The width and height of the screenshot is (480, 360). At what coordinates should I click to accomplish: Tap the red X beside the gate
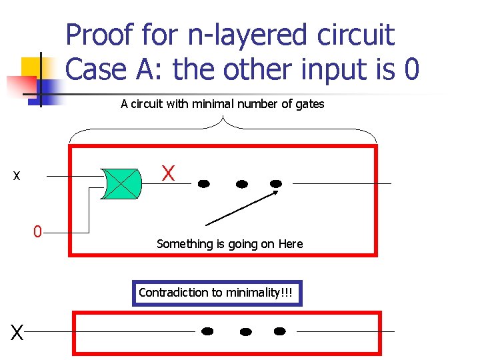(169, 174)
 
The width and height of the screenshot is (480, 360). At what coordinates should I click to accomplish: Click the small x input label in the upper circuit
(17, 177)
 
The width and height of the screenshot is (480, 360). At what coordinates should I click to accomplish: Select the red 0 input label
(38, 232)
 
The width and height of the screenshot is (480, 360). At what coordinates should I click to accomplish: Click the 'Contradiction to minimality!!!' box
(217, 293)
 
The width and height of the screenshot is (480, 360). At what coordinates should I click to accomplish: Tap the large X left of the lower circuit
(17, 331)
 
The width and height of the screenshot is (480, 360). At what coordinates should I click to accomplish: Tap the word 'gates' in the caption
(309, 104)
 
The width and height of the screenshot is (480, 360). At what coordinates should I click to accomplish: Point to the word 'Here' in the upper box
(291, 244)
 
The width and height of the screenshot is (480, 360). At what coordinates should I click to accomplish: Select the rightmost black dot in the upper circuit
(276, 183)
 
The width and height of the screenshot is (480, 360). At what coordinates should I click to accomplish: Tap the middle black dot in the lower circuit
(245, 331)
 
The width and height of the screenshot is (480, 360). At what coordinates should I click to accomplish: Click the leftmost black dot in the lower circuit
(207, 331)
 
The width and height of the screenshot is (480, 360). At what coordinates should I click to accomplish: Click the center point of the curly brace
(223, 121)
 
